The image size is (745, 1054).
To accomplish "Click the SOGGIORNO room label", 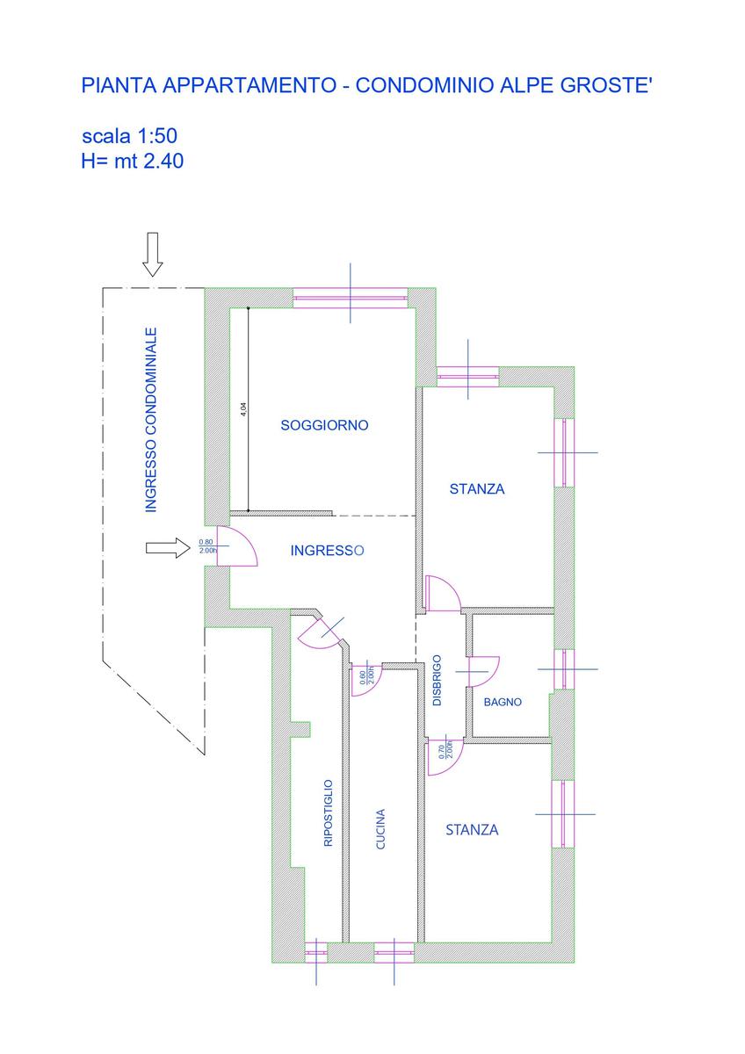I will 324,426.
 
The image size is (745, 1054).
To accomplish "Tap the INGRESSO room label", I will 327,551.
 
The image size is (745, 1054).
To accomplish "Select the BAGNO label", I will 503,702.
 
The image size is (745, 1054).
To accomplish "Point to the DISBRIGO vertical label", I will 438,681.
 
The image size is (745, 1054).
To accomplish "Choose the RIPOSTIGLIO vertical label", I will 328,812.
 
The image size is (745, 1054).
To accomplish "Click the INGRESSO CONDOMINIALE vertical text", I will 151,420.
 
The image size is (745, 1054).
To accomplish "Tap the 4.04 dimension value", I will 243,409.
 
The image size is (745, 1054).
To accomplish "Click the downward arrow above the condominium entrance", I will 153,255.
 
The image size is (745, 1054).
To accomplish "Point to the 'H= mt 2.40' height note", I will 132,161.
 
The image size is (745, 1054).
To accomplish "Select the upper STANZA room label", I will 477,489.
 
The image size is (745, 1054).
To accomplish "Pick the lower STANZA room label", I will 472,829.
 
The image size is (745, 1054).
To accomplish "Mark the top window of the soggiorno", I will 350,298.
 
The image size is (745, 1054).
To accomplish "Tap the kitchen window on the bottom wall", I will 393,949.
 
